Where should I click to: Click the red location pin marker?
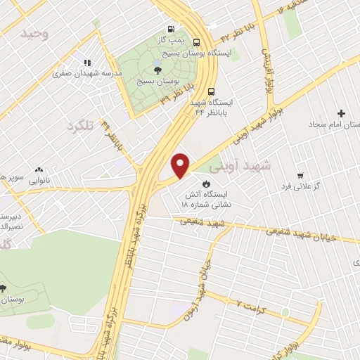[x=181, y=165]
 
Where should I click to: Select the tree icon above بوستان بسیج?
[x=157, y=70]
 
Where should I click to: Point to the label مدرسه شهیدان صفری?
[x=91, y=72]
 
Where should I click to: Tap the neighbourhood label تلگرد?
[x=80, y=127]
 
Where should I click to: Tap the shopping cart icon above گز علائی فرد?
[x=300, y=174]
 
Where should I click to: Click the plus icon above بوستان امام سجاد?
[x=342, y=113]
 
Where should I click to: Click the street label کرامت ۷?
[x=251, y=308]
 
